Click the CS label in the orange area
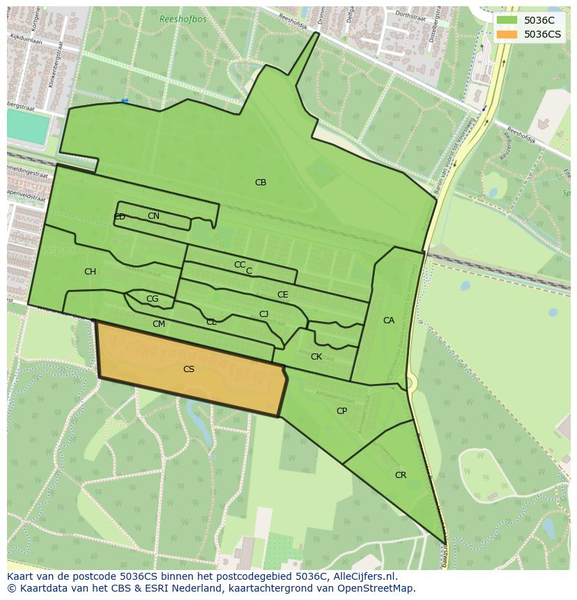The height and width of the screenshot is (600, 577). pos(189,369)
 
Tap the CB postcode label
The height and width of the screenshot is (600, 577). pos(261,183)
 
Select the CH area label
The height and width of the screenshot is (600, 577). pos(90,272)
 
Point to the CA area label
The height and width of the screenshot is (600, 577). pos(389,321)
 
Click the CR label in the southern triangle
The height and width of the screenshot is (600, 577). pos(401,475)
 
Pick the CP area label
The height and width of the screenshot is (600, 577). pos(341,411)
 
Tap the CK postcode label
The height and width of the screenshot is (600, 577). pos(316,357)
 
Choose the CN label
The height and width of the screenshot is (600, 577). pos(153,216)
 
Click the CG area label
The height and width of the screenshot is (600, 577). pos(152,299)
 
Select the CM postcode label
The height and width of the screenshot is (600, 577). pos(159,324)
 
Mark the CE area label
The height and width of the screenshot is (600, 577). pos(282,295)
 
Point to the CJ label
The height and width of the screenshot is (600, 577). pos(263,314)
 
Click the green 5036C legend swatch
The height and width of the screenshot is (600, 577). pos(507,21)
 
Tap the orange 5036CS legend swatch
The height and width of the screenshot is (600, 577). pos(507,34)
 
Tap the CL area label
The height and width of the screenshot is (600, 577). pos(211,322)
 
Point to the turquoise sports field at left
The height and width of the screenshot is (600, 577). pos(28,127)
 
